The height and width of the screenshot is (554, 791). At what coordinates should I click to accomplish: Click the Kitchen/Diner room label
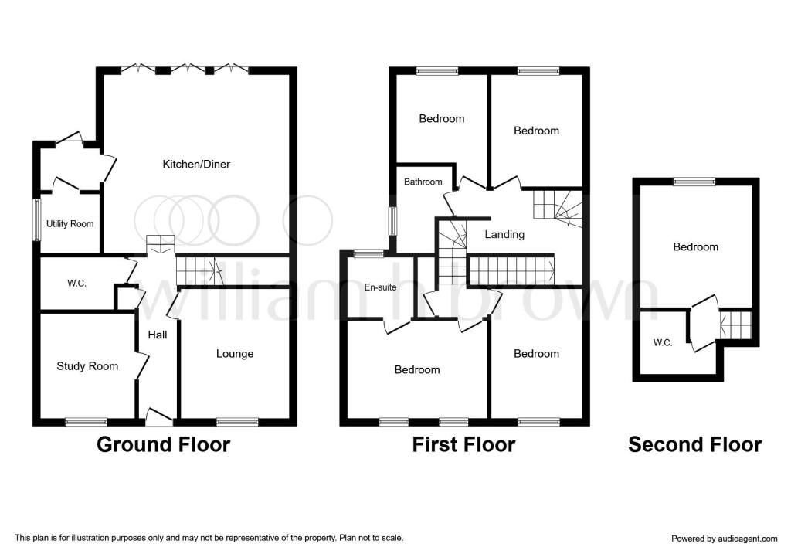coord(196,165)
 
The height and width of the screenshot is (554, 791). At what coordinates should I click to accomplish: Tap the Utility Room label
coord(70,224)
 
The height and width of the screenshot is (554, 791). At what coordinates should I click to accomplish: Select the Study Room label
coord(87,366)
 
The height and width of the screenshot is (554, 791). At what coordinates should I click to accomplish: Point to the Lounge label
coord(235,354)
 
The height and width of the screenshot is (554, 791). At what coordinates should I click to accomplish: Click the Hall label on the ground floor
coord(158,335)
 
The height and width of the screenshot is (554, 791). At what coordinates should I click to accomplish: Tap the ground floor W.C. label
coord(76,284)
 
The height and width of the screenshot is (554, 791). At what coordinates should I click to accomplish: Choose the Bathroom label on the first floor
coord(423,182)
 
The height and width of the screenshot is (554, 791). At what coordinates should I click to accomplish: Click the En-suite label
coord(380,287)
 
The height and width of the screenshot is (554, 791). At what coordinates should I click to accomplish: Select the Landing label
coord(504,235)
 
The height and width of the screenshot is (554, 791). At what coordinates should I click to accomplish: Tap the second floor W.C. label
coord(663,343)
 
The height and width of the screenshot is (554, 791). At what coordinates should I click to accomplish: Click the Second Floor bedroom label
coord(696,247)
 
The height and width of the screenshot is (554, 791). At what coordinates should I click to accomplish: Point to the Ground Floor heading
coord(164,444)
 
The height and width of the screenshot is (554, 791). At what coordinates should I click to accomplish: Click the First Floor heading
coord(463,444)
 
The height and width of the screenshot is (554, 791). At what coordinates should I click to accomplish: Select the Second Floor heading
coord(694,444)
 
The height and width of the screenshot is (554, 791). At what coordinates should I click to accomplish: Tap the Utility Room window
coord(36,220)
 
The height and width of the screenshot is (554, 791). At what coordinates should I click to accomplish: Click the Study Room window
coord(87,422)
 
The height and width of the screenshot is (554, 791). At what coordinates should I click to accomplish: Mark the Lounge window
coord(238,422)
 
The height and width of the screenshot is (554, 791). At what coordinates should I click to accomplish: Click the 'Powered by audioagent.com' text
coord(725,539)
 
